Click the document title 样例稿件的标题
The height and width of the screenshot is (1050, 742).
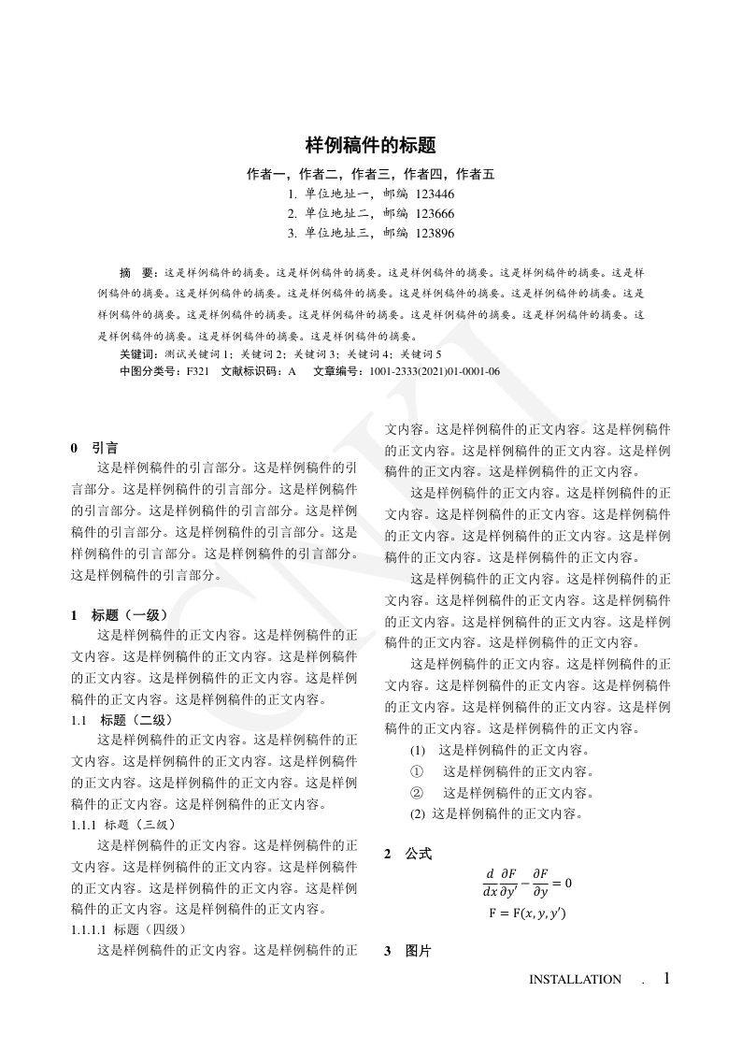[371, 146]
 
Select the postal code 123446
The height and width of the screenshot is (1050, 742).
[435, 194]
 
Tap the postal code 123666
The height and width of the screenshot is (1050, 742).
[435, 214]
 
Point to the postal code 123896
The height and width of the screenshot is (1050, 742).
[435, 234]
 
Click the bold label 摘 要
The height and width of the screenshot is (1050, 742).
[139, 273]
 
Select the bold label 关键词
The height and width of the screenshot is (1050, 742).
[140, 355]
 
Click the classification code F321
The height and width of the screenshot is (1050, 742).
[198, 371]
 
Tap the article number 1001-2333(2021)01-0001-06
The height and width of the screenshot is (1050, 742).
[435, 371]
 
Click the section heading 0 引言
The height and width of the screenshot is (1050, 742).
[94, 448]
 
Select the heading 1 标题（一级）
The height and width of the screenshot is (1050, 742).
[120, 615]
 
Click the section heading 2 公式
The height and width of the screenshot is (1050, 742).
[408, 854]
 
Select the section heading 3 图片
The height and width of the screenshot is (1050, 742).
[408, 952]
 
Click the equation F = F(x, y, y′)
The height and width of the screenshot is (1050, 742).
[527, 913]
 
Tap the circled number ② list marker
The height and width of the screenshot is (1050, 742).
[418, 793]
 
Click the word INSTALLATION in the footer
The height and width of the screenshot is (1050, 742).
[575, 980]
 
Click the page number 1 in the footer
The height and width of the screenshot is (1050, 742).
[666, 978]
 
